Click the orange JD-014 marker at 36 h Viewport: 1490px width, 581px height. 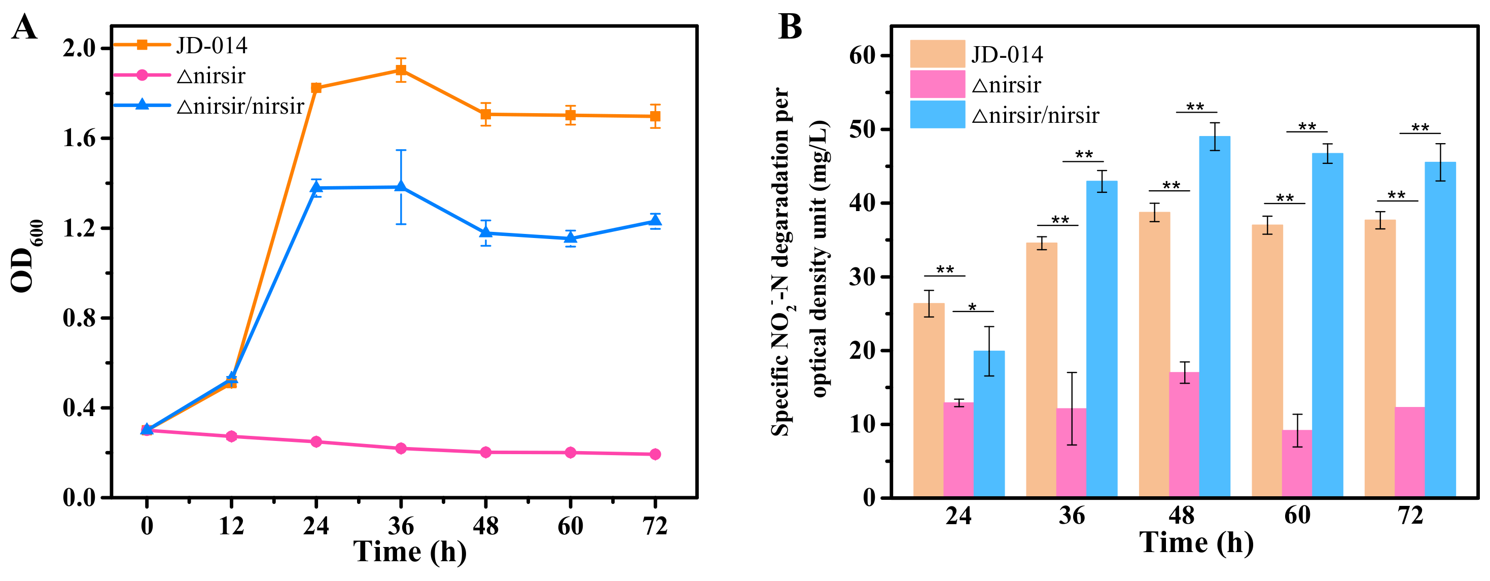pos(401,71)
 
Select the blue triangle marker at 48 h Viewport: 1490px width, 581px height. pos(486,232)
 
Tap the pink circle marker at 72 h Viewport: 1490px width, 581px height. pos(655,454)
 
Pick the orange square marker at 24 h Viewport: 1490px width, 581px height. pos(316,88)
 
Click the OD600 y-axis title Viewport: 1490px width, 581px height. pos(26,256)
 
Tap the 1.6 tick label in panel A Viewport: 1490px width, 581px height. pos(79,139)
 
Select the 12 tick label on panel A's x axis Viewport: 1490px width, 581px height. pos(231,526)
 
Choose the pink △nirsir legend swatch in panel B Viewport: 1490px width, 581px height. pos(937,85)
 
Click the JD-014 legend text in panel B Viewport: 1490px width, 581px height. pos(1007,55)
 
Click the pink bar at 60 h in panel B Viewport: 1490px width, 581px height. pos(1297,463)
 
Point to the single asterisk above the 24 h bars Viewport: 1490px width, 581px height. pos(972,307)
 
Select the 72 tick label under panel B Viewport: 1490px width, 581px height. pos(1410,516)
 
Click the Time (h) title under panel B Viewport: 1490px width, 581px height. pos(1196,543)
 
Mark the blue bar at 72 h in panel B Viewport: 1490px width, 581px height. pos(1440,330)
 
